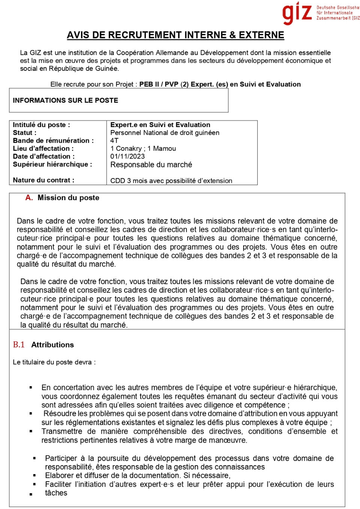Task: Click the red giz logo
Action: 297,13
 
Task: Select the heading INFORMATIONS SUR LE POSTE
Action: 65,100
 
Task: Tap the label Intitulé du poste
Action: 41,125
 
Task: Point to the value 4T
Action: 114,141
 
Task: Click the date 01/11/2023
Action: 127,156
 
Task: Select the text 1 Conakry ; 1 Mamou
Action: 143,148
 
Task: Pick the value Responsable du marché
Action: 151,165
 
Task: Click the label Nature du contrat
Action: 43,180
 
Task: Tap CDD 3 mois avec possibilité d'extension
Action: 171,181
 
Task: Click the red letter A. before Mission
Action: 29,198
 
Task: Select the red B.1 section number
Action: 19,345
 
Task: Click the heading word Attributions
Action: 52,345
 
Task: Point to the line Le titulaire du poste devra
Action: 54,362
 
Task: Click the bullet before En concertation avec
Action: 31,388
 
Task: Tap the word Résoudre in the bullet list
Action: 60,414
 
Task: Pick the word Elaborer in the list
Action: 59,476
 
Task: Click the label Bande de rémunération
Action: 53,141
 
